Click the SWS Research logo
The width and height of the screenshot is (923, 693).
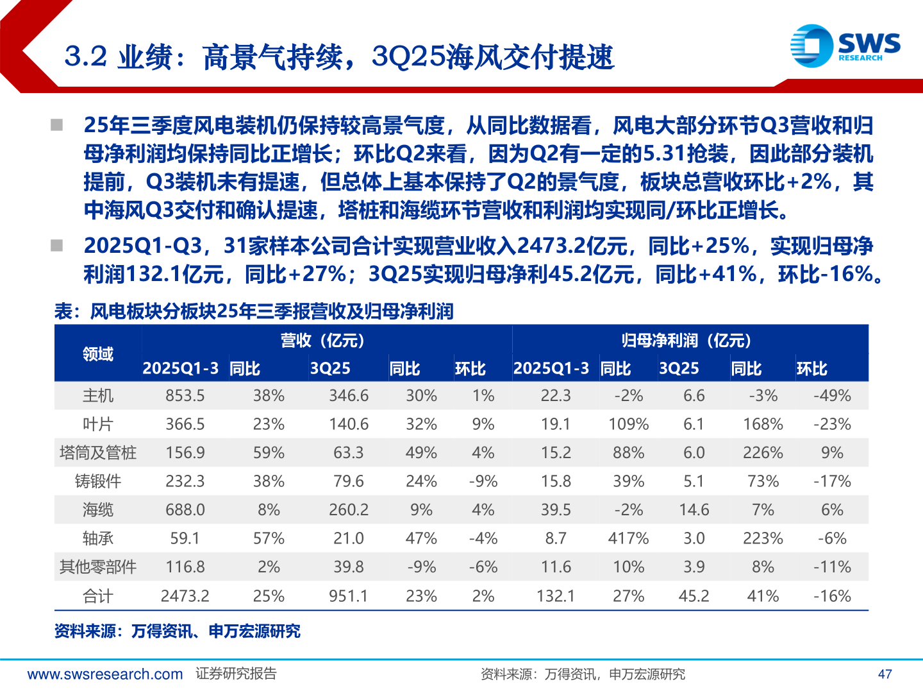(x=845, y=46)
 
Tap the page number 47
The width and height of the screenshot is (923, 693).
(x=885, y=674)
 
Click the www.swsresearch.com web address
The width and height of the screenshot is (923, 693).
(x=105, y=674)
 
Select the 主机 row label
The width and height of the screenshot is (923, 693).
(x=98, y=395)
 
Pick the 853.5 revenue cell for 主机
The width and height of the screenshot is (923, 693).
(x=185, y=395)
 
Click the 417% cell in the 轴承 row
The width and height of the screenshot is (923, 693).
(x=628, y=538)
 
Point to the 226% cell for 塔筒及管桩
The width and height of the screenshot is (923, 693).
(x=763, y=452)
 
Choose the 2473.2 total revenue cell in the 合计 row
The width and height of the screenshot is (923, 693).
(x=185, y=596)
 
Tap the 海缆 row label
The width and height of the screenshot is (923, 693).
(x=98, y=510)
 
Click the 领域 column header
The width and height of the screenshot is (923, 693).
(x=98, y=354)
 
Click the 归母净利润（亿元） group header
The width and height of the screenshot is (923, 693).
(x=686, y=340)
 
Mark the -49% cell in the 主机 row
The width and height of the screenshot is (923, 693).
(x=832, y=395)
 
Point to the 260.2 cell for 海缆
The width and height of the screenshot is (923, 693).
(x=349, y=510)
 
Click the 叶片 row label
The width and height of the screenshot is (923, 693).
(x=98, y=424)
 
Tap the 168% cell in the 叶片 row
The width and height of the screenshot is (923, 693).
(x=763, y=424)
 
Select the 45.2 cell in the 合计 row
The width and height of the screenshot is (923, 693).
(x=694, y=596)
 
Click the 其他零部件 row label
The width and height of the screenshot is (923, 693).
(x=98, y=567)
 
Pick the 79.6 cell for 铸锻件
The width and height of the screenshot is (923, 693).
(x=349, y=481)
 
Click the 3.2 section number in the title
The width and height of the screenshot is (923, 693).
(x=85, y=56)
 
